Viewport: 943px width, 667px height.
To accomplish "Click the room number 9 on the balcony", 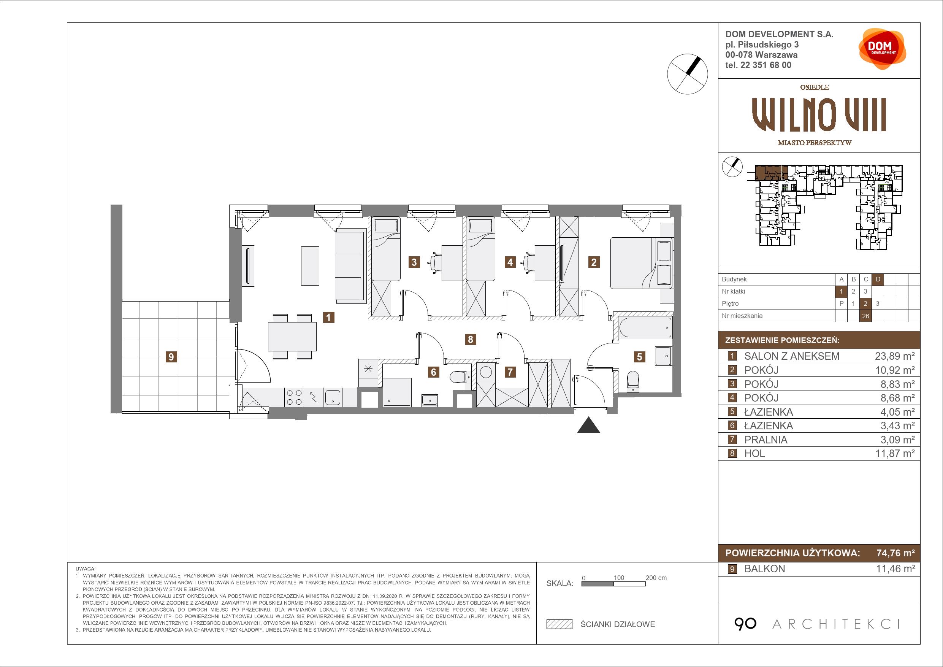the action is [x=171, y=357].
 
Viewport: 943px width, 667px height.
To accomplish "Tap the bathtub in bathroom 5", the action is [x=644, y=327].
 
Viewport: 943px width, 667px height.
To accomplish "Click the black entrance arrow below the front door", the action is [x=588, y=425].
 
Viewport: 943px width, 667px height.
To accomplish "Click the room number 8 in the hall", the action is [x=470, y=340].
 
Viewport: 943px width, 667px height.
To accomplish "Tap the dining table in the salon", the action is [x=292, y=337].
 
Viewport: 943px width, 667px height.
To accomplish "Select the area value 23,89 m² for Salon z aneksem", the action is [x=894, y=356].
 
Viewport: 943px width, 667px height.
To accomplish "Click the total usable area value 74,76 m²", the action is [x=895, y=553].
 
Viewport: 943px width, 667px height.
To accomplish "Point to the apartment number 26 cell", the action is [x=866, y=316].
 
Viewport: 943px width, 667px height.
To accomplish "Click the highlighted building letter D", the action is [x=878, y=280].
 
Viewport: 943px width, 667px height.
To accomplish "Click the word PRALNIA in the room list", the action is [x=765, y=440].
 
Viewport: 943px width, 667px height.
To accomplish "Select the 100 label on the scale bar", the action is [x=618, y=578].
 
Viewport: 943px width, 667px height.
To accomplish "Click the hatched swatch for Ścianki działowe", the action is [x=559, y=624].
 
